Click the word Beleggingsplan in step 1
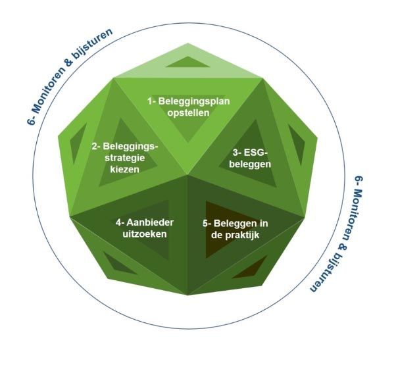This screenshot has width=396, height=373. [194, 101]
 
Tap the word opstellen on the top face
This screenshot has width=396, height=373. [188, 112]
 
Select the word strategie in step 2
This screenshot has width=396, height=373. [125, 158]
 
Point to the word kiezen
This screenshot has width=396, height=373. [125, 169]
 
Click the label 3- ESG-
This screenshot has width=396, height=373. [250, 153]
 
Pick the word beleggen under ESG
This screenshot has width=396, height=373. [250, 164]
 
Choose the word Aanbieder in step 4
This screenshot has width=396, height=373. [150, 222]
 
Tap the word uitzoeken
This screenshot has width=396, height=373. [145, 234]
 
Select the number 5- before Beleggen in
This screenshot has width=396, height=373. [207, 224]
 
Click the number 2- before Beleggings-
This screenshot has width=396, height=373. [96, 147]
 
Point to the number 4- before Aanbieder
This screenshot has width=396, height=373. [120, 222]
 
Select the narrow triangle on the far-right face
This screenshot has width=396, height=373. [298, 145]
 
